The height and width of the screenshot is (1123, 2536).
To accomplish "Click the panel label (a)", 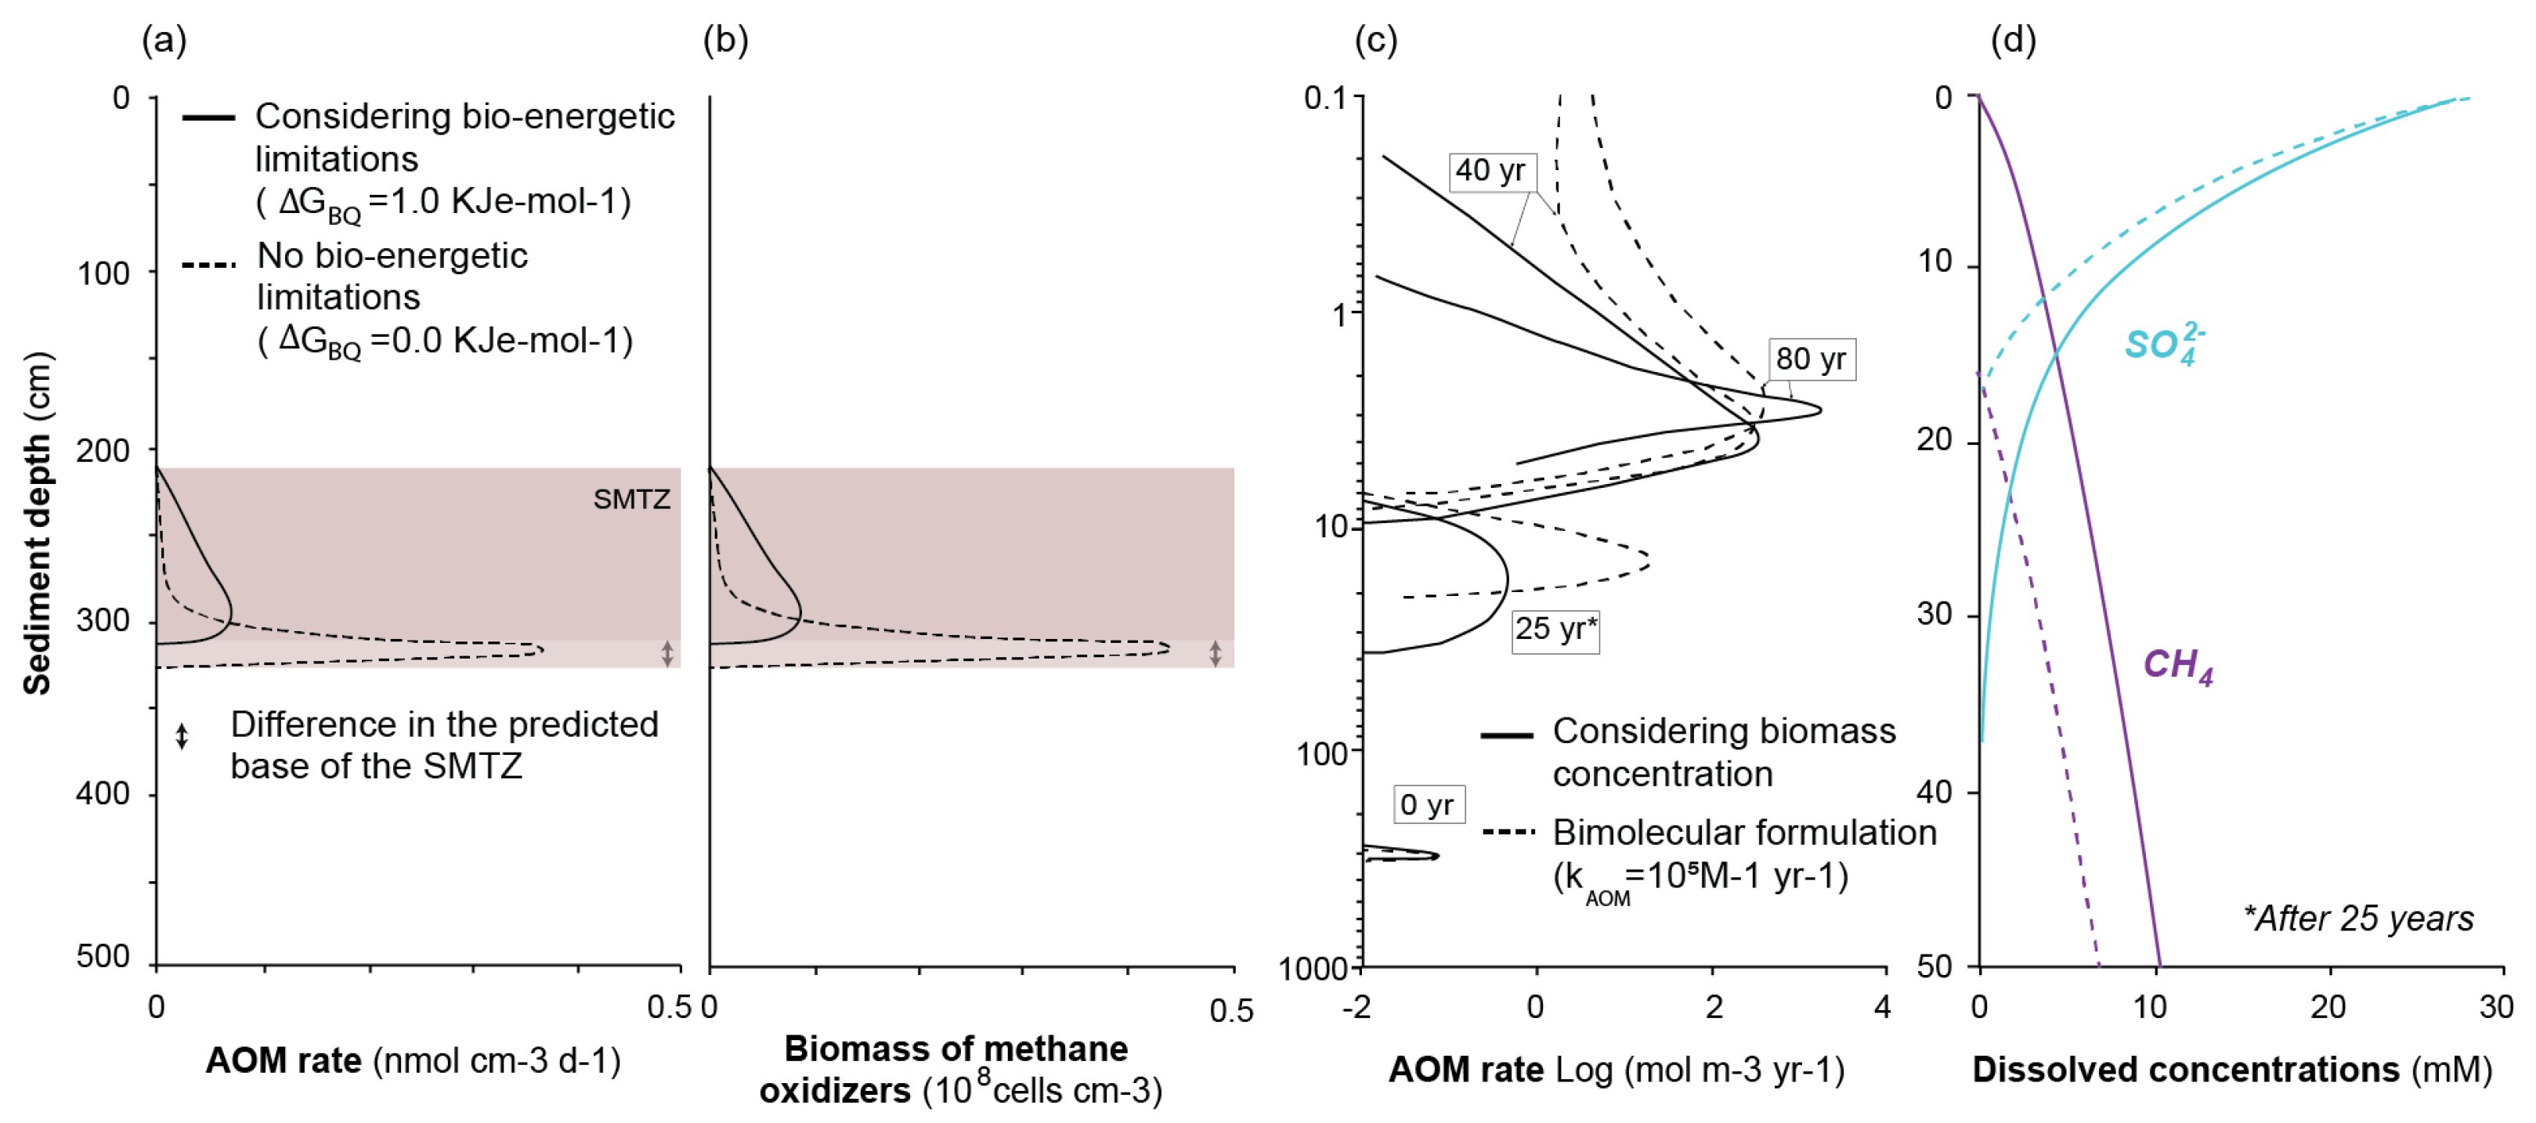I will [164, 41].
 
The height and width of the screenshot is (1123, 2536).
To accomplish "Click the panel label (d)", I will [2014, 41].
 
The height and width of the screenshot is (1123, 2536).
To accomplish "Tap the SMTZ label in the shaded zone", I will [631, 499].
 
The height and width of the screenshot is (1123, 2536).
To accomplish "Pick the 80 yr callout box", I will [1811, 359].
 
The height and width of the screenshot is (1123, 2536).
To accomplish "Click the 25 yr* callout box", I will [1555, 629].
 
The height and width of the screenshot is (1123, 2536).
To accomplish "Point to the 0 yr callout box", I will [1428, 804].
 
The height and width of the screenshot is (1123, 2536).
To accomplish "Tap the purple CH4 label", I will [2177, 666].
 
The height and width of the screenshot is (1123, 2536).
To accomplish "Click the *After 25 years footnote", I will [2357, 919].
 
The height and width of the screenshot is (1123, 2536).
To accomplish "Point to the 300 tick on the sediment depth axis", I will [103, 621].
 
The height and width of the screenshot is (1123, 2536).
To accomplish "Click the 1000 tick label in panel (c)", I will [1313, 969].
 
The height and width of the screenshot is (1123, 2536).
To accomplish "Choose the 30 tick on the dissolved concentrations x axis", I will [2495, 1007].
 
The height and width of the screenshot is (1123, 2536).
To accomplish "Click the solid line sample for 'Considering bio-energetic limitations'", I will [208, 117].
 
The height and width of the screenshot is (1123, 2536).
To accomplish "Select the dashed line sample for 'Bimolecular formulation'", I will [1507, 832].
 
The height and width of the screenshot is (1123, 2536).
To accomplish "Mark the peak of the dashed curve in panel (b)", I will [1169, 648].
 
